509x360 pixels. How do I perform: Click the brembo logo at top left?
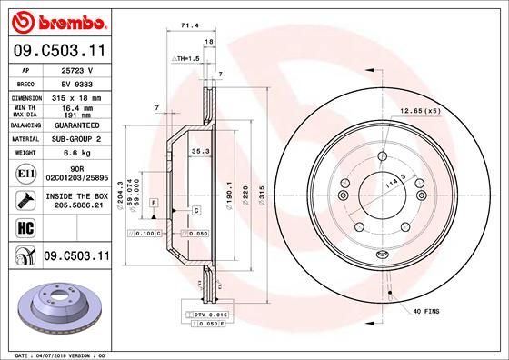click(x=55, y=20)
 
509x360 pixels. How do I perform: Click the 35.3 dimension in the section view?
click(x=201, y=152)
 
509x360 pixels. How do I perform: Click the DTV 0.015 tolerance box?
click(x=208, y=314)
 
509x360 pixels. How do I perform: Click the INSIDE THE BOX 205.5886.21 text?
click(x=75, y=201)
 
